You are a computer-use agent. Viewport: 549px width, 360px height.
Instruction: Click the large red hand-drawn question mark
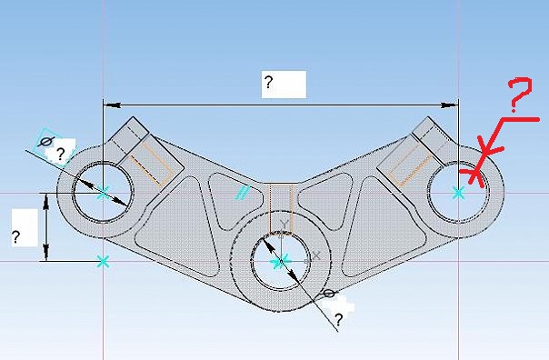coord(520,93)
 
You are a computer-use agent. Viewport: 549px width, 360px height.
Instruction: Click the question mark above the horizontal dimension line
coord(268,82)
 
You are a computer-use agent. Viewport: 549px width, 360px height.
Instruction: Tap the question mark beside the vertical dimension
coord(15,237)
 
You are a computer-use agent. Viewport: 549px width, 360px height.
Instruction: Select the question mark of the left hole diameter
coord(61,154)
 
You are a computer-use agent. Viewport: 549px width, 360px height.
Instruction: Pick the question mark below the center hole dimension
coord(338,320)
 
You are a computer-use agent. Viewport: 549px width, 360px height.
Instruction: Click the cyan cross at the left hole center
coord(103,193)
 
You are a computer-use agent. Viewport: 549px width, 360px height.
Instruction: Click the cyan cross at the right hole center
coord(458,193)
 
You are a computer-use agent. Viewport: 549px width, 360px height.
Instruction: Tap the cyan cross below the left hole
coord(103,261)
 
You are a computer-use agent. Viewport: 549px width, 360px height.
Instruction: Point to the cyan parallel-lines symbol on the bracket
coord(243,192)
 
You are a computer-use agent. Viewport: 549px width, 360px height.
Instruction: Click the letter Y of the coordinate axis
coord(285,225)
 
